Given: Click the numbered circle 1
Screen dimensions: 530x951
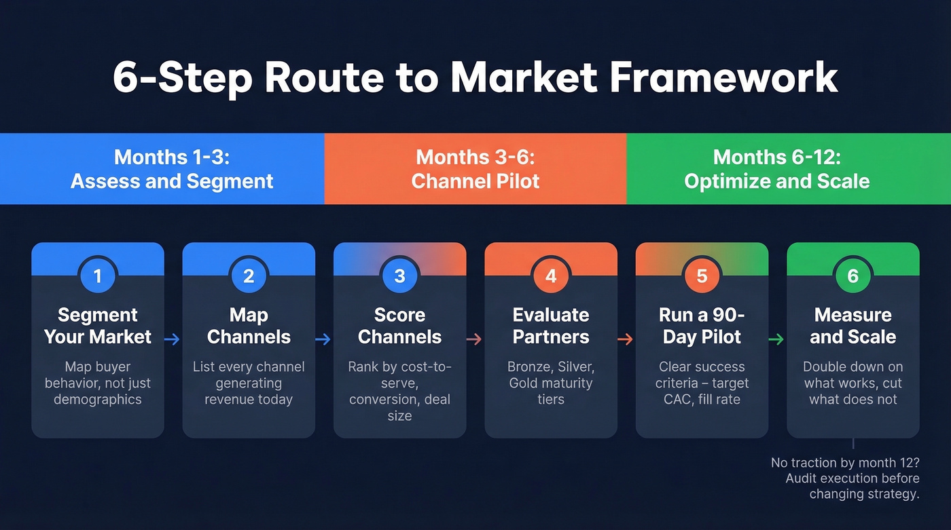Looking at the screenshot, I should (98, 276).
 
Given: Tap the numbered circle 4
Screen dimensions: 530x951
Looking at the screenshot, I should (551, 276).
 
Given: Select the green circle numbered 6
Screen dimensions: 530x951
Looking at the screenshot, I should (853, 276).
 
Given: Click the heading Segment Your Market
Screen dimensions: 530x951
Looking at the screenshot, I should (98, 326).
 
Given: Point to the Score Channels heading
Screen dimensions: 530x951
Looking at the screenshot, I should (399, 326).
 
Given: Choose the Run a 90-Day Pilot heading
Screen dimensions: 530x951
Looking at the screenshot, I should (702, 326).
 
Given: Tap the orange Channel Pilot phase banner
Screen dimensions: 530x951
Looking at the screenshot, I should (475, 169).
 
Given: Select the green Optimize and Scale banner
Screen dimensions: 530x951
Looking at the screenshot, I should (776, 169).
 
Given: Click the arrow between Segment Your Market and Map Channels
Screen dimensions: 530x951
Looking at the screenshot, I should (173, 339).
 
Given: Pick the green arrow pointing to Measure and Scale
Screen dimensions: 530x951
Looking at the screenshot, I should (777, 339).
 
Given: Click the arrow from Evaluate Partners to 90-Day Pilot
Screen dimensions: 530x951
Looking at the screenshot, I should (626, 339).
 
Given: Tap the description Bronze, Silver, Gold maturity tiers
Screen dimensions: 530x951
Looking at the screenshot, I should (551, 383).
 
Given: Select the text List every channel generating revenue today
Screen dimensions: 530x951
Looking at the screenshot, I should (249, 383).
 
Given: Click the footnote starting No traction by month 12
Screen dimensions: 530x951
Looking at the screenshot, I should (845, 478).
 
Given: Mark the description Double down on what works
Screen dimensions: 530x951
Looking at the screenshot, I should (853, 383).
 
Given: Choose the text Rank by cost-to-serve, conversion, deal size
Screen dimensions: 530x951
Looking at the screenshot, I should (399, 391).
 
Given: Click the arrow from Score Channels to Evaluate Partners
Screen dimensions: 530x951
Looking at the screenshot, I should (475, 339).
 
